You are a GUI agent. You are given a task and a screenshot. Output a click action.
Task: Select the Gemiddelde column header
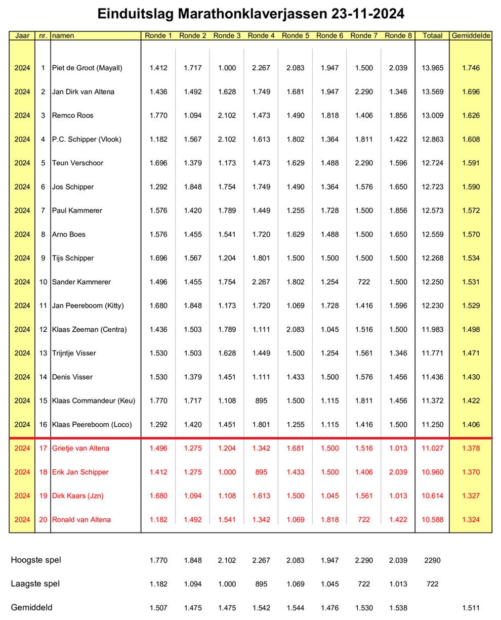click(x=471, y=36)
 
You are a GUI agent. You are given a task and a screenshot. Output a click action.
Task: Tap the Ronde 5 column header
click(x=295, y=36)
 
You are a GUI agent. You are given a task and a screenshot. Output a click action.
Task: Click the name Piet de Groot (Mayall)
click(x=87, y=68)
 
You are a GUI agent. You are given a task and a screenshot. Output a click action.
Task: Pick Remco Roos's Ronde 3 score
click(x=227, y=115)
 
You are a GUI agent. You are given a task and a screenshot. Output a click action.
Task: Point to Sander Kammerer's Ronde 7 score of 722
click(x=364, y=282)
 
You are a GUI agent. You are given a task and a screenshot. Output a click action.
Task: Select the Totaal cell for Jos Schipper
click(x=432, y=187)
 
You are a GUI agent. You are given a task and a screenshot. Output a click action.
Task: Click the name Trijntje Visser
click(x=74, y=353)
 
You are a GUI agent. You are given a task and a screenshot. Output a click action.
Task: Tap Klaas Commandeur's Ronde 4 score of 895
click(x=261, y=401)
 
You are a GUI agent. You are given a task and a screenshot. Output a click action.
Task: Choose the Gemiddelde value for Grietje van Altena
click(x=471, y=448)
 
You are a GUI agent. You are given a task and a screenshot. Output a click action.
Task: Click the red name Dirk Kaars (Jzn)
click(x=77, y=496)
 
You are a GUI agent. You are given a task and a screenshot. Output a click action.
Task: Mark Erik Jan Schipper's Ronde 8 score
click(x=398, y=472)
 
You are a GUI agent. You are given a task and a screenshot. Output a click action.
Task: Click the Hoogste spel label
click(x=36, y=560)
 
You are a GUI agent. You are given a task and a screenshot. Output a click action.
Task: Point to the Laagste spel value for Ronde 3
click(x=227, y=584)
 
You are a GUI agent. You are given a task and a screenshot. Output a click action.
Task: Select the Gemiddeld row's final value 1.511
click(x=471, y=607)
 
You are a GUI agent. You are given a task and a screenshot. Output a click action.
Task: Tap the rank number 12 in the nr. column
click(x=43, y=329)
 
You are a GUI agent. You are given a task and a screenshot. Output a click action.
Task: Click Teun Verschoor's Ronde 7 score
click(x=364, y=163)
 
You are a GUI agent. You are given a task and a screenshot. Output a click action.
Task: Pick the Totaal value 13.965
click(x=432, y=68)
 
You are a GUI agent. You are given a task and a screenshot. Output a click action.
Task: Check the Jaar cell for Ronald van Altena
click(x=22, y=519)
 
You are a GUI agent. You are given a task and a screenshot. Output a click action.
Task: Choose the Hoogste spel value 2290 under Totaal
click(x=432, y=560)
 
